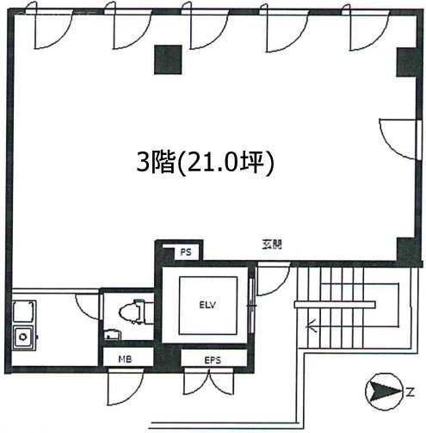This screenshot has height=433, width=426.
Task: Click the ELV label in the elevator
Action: pyautogui.click(x=207, y=305)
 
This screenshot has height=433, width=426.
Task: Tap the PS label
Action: pyautogui.click(x=186, y=252)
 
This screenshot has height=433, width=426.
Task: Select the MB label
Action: pyautogui.click(x=125, y=359)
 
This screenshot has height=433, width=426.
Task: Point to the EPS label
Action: pyautogui.click(x=213, y=360)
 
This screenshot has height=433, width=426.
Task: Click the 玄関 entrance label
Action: pyautogui.click(x=272, y=244)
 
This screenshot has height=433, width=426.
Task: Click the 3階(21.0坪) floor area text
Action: pyautogui.click(x=205, y=163)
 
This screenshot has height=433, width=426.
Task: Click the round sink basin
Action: pyautogui.click(x=23, y=337)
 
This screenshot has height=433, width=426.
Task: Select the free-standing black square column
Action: pyautogui.click(x=168, y=59)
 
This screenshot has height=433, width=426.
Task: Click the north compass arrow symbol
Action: pyautogui.click(x=383, y=392)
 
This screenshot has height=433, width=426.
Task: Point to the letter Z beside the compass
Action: pyautogui.click(x=411, y=392)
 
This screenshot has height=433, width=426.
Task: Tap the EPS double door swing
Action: pyautogui.click(x=209, y=381)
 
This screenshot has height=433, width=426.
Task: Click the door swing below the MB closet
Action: pyautogui.click(x=125, y=387)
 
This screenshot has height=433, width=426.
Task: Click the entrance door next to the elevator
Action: pyautogui.click(x=273, y=279)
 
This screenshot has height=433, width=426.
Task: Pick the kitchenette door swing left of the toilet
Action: pyautogui.click(x=88, y=306)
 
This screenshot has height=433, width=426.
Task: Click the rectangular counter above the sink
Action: pyautogui.click(x=24, y=312)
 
